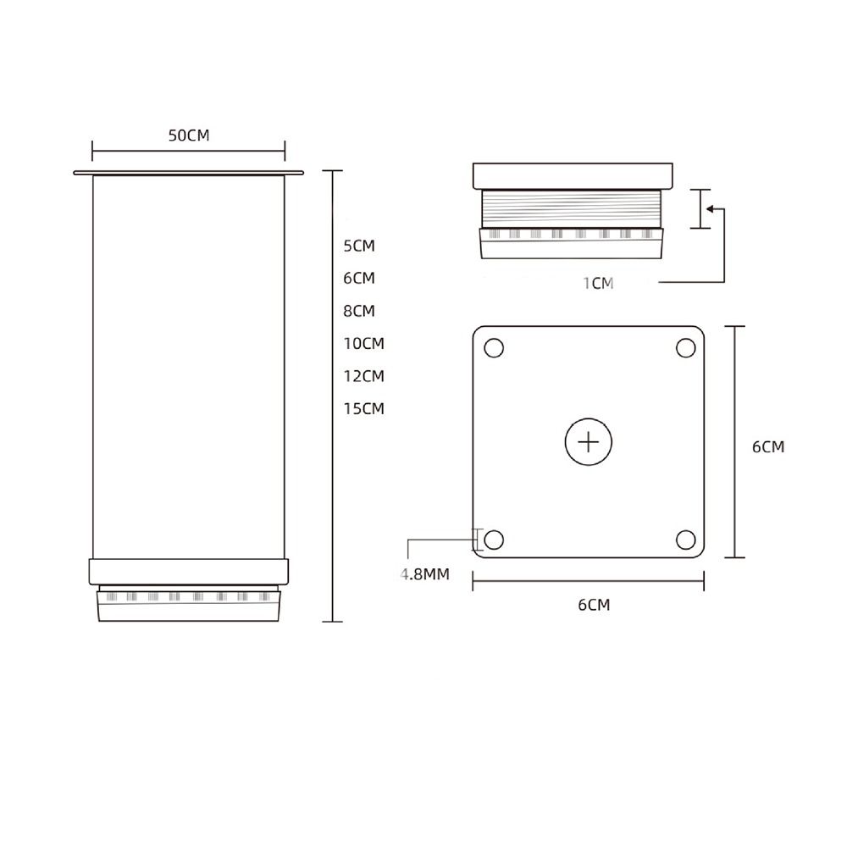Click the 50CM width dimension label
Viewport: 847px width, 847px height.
(x=188, y=136)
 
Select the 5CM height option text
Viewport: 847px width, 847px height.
(x=358, y=246)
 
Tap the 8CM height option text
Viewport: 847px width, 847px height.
(x=358, y=311)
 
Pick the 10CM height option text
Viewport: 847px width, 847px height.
(x=363, y=343)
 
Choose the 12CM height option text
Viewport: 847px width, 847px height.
(x=363, y=375)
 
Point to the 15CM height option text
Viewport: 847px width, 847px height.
(x=363, y=408)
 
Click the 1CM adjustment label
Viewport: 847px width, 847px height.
(x=598, y=283)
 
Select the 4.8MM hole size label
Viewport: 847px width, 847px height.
(x=424, y=574)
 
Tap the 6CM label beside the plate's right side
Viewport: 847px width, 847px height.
(x=768, y=446)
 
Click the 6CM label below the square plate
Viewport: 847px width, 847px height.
(x=594, y=604)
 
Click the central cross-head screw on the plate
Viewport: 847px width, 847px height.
(x=588, y=442)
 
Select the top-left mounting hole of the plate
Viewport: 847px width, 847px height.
(x=494, y=347)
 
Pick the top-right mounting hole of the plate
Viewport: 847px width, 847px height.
(x=685, y=347)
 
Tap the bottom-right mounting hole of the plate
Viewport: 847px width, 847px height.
(x=685, y=539)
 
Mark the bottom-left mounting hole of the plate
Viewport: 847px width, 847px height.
(x=494, y=539)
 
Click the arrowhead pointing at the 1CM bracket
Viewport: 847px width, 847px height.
(x=711, y=208)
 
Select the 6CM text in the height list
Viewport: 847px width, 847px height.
(x=358, y=278)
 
